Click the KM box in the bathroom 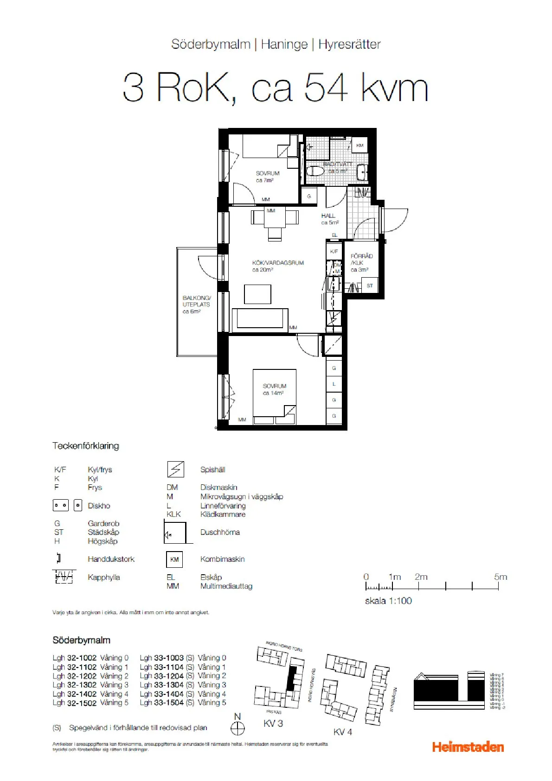pyautogui.click(x=359, y=146)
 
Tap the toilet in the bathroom pyautogui.click(x=315, y=171)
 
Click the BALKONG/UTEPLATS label pyautogui.click(x=196, y=305)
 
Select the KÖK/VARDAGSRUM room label pyautogui.click(x=277, y=266)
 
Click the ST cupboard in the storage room pyautogui.click(x=370, y=286)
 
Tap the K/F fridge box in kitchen pyautogui.click(x=334, y=251)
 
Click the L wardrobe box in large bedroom pyautogui.click(x=334, y=384)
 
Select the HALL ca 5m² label pyautogui.click(x=329, y=219)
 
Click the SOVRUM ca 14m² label pyautogui.click(x=274, y=389)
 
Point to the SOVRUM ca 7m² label pyautogui.click(x=268, y=177)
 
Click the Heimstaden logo pyautogui.click(x=468, y=747)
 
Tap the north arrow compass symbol pyautogui.click(x=237, y=728)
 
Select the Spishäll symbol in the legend pyautogui.click(x=175, y=470)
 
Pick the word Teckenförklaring pyautogui.click(x=86, y=446)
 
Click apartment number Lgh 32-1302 pyautogui.click(x=74, y=685)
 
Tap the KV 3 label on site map pyautogui.click(x=273, y=723)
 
